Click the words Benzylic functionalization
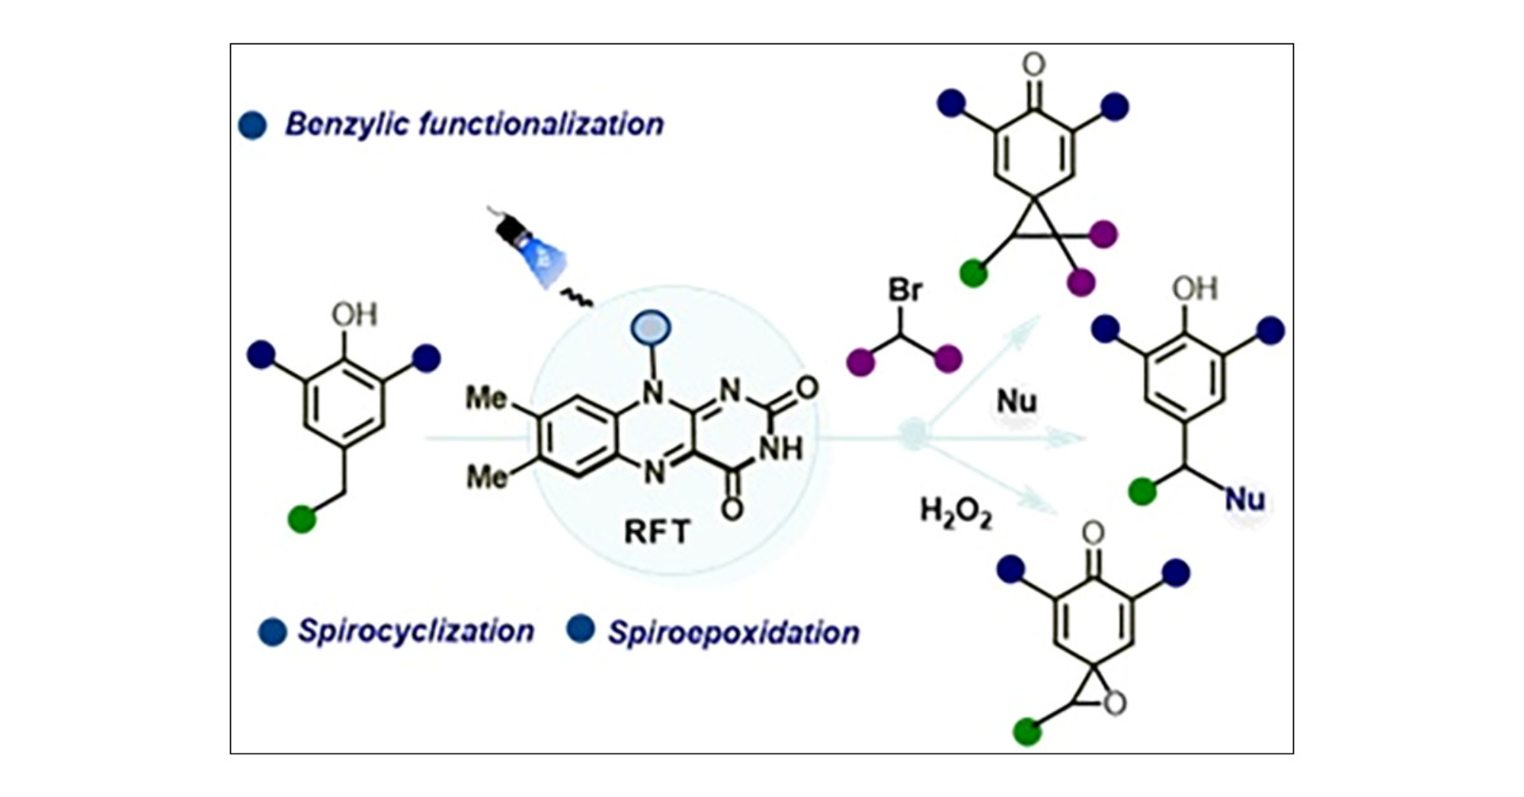tap(474, 124)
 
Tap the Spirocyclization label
tap(415, 631)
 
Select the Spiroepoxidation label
tap(733, 632)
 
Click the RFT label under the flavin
tap(657, 531)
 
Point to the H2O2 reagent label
tap(956, 512)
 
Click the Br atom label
tap(905, 290)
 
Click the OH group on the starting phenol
tap(354, 314)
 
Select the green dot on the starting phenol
tap(302, 520)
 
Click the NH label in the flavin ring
tap(780, 449)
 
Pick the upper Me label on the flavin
tap(486, 398)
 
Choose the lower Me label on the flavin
tap(486, 477)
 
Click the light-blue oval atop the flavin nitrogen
tap(651, 328)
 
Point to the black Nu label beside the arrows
tap(1017, 401)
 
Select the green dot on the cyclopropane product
tap(973, 272)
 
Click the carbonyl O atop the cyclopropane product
tap(1033, 65)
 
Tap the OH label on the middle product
tap(1195, 289)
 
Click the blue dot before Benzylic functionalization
tap(252, 125)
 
